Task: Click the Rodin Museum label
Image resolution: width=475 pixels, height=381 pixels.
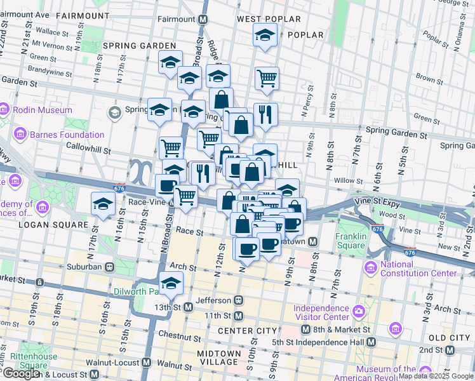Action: tap(44, 110)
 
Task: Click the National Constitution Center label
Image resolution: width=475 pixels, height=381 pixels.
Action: tap(418, 269)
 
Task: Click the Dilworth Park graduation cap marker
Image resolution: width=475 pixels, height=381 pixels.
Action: tap(171, 283)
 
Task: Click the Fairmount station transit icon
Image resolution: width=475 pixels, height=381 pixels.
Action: tap(203, 20)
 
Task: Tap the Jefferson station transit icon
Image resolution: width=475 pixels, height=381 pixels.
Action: tap(239, 300)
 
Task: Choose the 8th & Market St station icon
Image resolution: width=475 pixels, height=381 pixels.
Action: tap(305, 330)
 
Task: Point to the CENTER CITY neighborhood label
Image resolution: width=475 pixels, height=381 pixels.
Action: tap(247, 331)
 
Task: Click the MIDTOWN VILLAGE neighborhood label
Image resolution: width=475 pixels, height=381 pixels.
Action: tap(219, 358)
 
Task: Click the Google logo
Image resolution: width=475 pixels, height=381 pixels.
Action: tap(21, 373)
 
